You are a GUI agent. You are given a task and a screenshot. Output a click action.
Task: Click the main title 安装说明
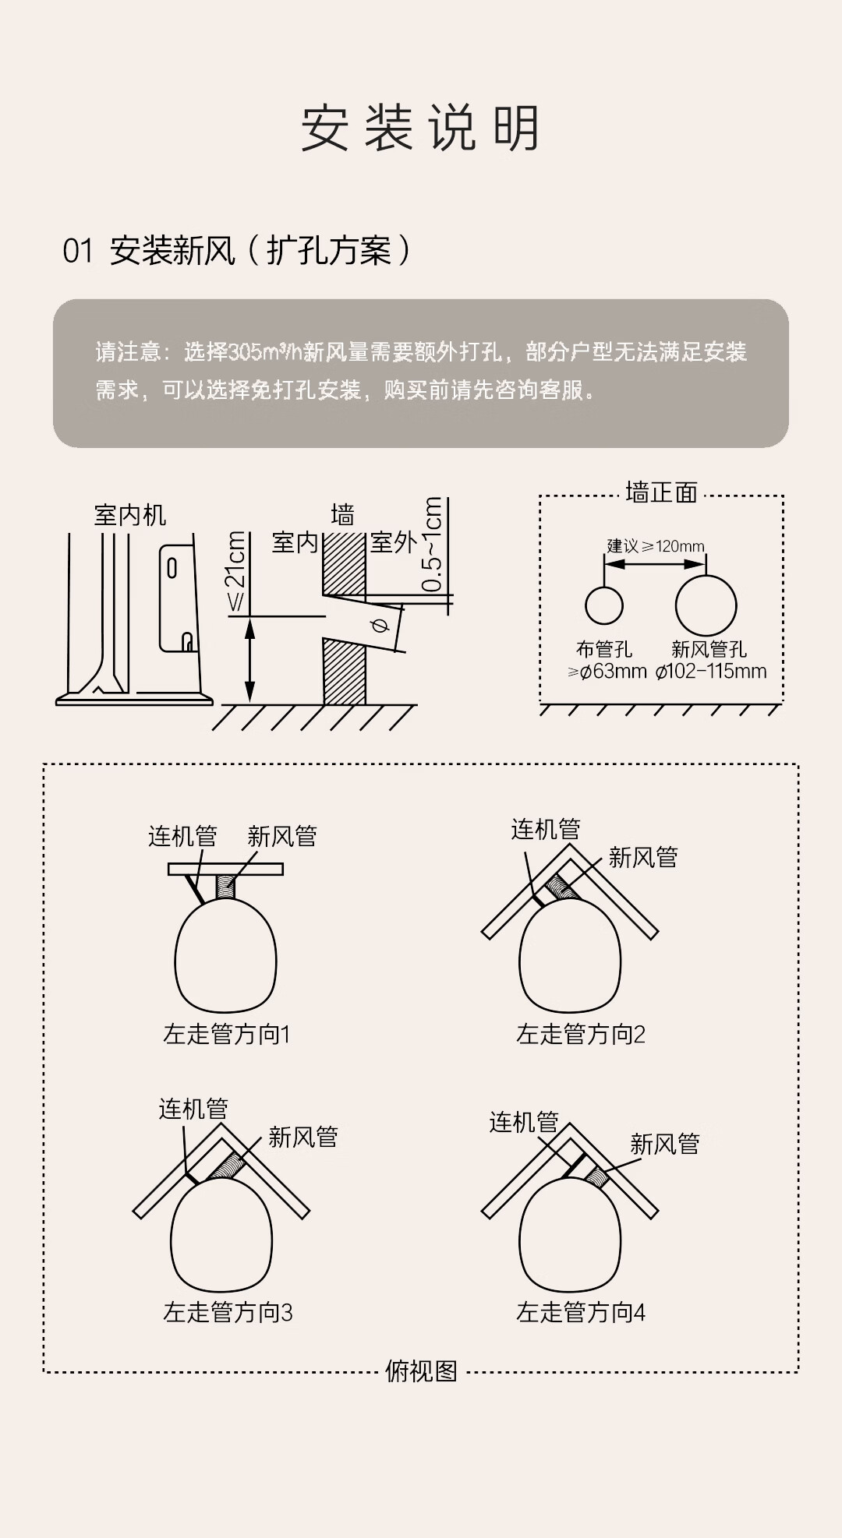[421, 128]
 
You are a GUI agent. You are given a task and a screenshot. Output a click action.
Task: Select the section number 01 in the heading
[78, 252]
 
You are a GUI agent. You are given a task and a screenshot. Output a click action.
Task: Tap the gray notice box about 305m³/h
[421, 373]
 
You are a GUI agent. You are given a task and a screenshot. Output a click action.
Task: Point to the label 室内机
[130, 515]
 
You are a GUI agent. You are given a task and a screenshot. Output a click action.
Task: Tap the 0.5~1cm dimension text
[433, 545]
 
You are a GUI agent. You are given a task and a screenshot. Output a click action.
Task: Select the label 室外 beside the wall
[394, 542]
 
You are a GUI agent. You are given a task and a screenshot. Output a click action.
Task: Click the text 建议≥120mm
[656, 545]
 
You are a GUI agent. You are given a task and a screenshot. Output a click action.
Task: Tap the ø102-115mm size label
[711, 671]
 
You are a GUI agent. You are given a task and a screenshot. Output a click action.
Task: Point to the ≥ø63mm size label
[607, 671]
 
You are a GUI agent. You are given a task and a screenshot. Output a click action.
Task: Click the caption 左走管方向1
[227, 1034]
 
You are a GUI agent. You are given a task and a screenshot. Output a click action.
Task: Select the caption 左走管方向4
[581, 1312]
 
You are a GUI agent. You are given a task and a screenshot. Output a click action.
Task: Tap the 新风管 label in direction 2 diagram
[643, 857]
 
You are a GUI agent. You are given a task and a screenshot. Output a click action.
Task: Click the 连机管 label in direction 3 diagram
[193, 1109]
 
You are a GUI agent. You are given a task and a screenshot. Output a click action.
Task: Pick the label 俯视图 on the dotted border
[421, 1370]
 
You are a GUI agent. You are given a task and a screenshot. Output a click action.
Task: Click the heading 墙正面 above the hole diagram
[661, 492]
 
